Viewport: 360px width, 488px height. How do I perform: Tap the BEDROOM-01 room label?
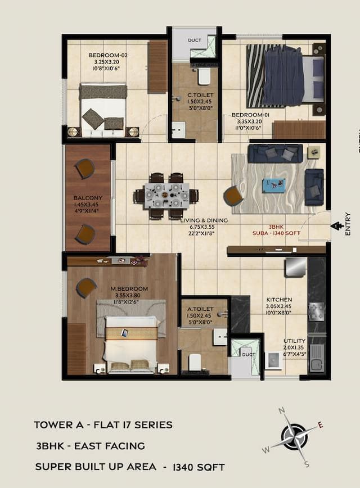pyautogui.click(x=251, y=115)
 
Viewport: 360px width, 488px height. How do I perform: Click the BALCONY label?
pyautogui.click(x=88, y=198)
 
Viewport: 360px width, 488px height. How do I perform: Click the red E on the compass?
pyautogui.click(x=321, y=425)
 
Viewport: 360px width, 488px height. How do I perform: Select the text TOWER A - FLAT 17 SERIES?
pyautogui.click(x=103, y=425)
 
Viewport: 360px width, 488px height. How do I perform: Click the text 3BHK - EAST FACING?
pyautogui.click(x=90, y=446)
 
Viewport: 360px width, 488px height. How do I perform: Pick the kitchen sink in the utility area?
pyautogui.click(x=317, y=360)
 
